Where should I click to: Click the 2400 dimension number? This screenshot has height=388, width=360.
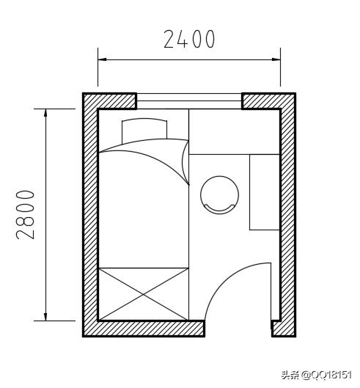coord(189,39)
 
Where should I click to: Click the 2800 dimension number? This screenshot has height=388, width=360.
coord(25,215)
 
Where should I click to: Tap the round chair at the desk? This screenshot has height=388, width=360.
coord(219,195)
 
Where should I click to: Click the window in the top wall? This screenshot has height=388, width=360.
coord(189,101)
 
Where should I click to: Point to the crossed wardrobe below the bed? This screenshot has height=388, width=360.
coord(144,294)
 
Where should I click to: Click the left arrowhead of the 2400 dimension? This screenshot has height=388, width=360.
coord(102,59)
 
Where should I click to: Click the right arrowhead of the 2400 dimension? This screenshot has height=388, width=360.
coord(276,59)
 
